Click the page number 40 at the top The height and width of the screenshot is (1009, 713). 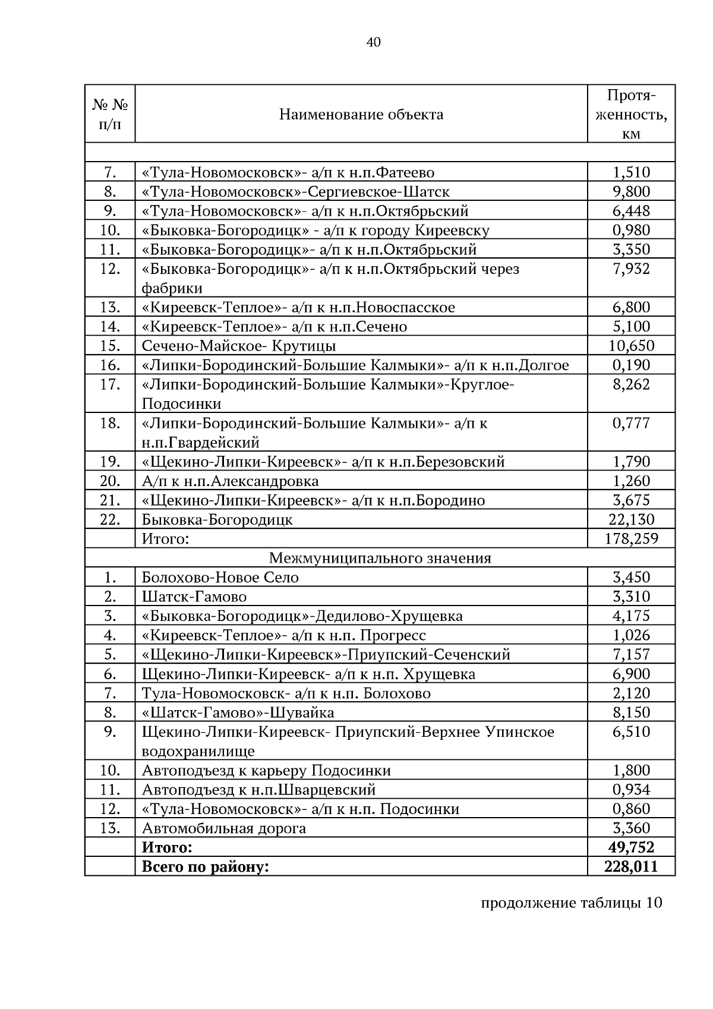pos(374,42)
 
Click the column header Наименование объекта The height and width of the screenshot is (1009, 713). pos(361,114)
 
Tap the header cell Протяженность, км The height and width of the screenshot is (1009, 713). pos(631,114)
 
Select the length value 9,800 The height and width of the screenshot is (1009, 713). pos(631,191)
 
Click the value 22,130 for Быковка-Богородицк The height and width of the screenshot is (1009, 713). pos(631,519)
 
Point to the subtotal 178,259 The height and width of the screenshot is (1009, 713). pos(631,539)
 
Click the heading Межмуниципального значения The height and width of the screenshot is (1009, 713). pos(380,558)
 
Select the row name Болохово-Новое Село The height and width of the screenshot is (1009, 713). pos(220,578)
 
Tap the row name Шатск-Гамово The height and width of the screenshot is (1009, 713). pos(194,597)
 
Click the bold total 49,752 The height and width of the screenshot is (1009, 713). pos(631,847)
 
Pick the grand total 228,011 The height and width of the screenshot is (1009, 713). pos(631,866)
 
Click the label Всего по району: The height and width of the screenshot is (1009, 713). pos(205,866)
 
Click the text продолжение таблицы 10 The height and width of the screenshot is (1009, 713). pos(570,903)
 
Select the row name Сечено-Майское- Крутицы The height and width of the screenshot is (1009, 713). pos(239,346)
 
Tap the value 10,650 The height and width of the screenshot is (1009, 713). pos(631,346)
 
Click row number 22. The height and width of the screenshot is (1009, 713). pos(110,519)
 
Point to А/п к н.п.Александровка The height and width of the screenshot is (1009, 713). pos(230,481)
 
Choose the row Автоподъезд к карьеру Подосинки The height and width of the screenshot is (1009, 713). pos(266,771)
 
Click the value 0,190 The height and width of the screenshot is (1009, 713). pos(631,365)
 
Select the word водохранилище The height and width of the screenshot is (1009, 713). pos(198,751)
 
